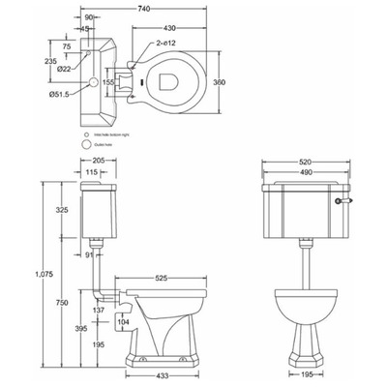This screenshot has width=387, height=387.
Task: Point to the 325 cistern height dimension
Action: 60,209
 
